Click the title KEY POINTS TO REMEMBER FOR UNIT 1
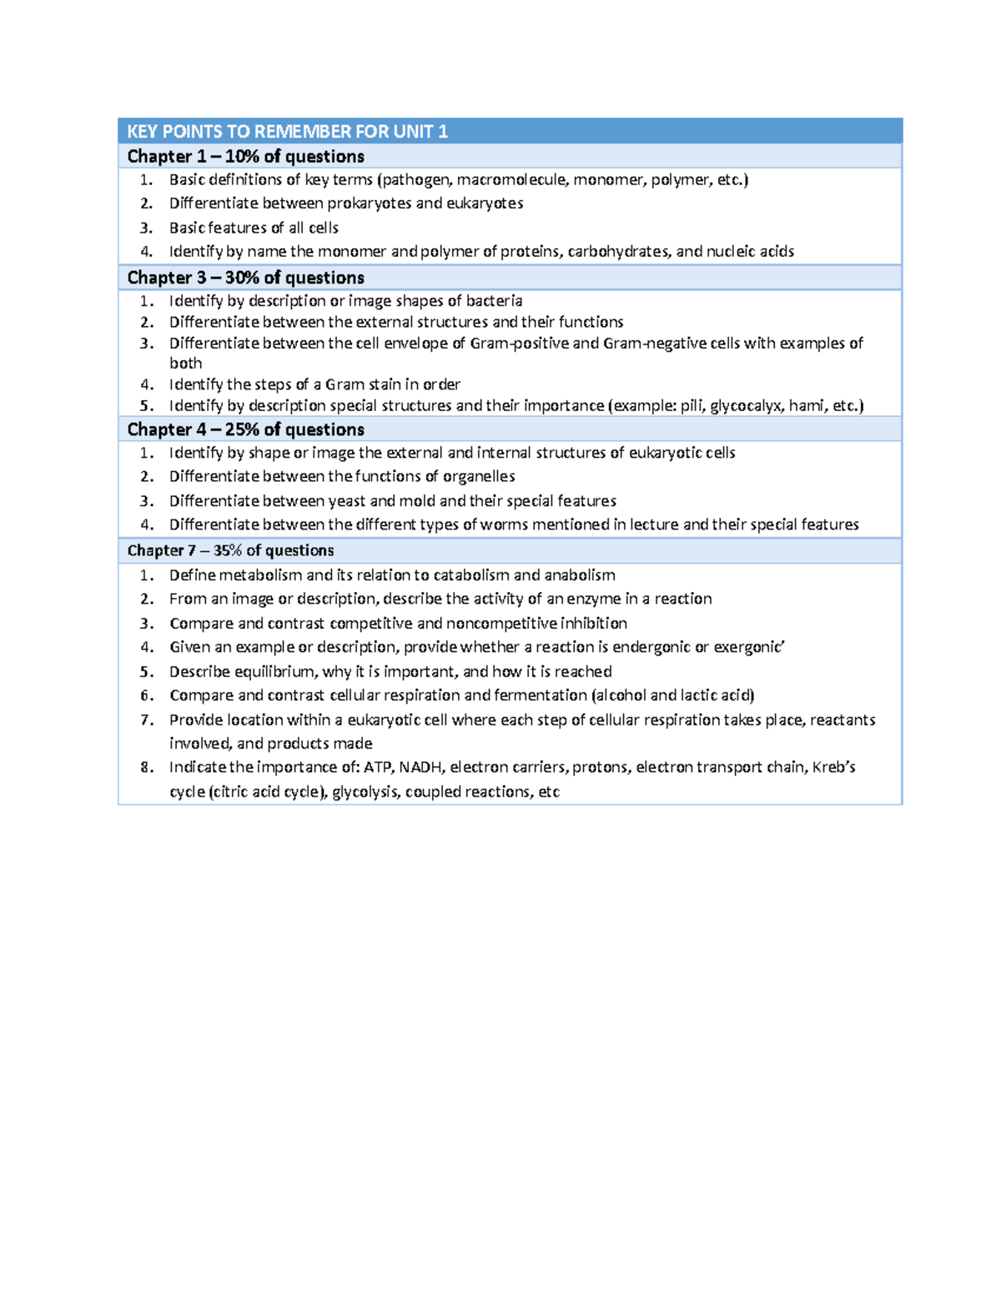pyautogui.click(x=287, y=131)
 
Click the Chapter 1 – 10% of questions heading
pyautogui.click(x=245, y=157)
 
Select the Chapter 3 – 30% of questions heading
pyautogui.click(x=245, y=278)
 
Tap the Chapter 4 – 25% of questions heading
pyautogui.click(x=245, y=429)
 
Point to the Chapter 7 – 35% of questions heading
pyautogui.click(x=230, y=550)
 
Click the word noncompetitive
pyautogui.click(x=501, y=624)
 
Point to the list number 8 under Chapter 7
pyautogui.click(x=147, y=767)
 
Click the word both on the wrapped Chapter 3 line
pyautogui.click(x=185, y=364)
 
